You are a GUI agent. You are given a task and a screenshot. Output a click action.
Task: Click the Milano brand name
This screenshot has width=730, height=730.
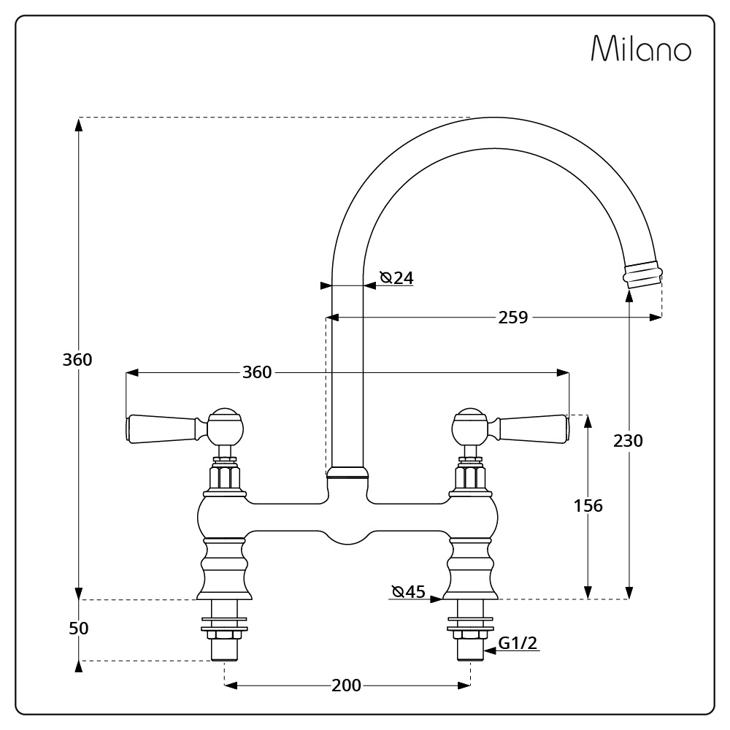coord(641,48)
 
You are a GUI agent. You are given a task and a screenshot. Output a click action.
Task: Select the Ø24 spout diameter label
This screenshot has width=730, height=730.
coord(396,278)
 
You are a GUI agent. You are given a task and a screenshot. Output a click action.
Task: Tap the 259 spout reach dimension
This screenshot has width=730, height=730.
coord(513,318)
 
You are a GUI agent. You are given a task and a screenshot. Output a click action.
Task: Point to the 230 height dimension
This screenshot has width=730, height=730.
coord(628,440)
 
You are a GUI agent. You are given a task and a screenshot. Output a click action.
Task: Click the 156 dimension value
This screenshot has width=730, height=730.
coord(588,506)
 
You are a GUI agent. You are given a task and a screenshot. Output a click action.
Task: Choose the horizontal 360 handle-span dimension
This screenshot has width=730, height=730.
coord(257,372)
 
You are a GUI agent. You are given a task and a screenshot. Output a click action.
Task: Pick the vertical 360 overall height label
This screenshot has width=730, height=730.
coord(77,360)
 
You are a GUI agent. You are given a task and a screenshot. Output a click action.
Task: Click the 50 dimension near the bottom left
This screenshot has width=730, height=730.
coord(79,629)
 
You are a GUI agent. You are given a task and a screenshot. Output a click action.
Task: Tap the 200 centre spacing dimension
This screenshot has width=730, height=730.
coord(346,685)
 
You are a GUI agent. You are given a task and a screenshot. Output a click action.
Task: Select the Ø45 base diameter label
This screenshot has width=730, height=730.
coord(409,592)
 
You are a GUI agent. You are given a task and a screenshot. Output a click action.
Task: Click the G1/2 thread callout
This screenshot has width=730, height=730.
coord(518,643)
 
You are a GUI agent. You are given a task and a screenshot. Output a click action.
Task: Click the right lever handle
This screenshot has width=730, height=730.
coord(530,429)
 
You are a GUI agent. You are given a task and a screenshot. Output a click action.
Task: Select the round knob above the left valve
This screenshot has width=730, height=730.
coord(226,426)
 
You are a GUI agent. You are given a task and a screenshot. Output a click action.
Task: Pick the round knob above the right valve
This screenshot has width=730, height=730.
coord(470,426)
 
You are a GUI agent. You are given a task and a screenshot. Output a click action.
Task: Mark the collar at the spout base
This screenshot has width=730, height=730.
coord(347,472)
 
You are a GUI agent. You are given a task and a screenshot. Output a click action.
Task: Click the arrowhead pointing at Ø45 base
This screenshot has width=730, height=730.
coord(437,599)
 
